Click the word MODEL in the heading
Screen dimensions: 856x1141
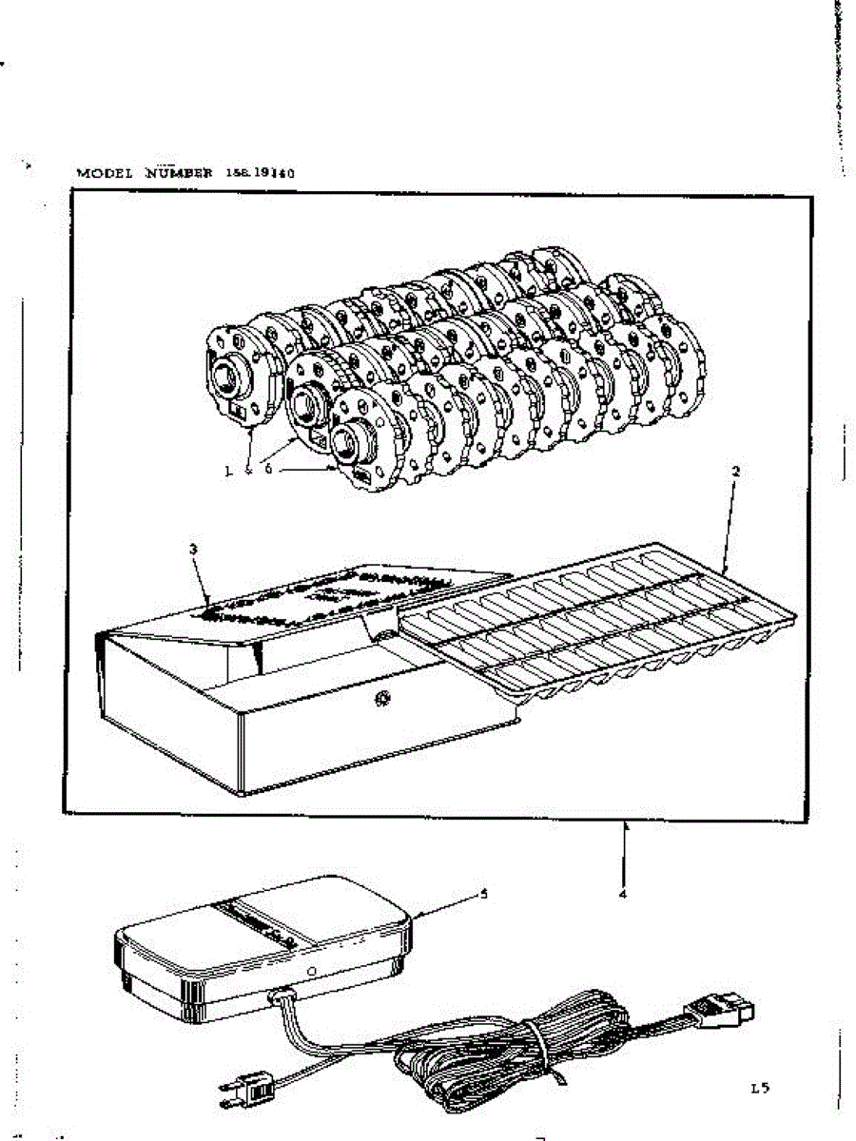[x=106, y=173]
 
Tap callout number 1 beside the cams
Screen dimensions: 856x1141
[x=229, y=470]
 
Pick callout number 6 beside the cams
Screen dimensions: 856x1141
[x=269, y=470]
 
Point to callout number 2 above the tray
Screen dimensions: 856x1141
[x=734, y=471]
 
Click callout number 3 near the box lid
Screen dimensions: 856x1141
[x=193, y=549]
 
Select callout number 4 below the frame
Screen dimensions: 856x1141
[x=623, y=893]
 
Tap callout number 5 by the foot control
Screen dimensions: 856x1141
[x=483, y=894]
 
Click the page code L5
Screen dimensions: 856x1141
[x=759, y=1088]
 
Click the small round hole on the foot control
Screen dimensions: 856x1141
[x=313, y=972]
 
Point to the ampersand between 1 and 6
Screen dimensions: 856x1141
[x=249, y=470]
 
